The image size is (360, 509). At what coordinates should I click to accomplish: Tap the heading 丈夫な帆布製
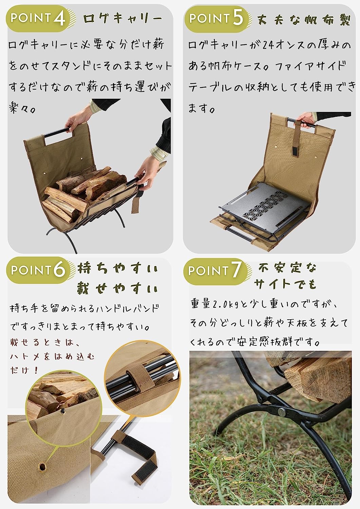pos(304,20)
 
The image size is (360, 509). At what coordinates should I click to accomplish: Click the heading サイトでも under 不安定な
pos(285,284)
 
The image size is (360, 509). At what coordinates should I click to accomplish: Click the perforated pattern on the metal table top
pos(266,204)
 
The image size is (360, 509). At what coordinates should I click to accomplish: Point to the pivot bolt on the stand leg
pos(282,411)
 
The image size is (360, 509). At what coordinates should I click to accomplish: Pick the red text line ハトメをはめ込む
pos(52,357)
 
